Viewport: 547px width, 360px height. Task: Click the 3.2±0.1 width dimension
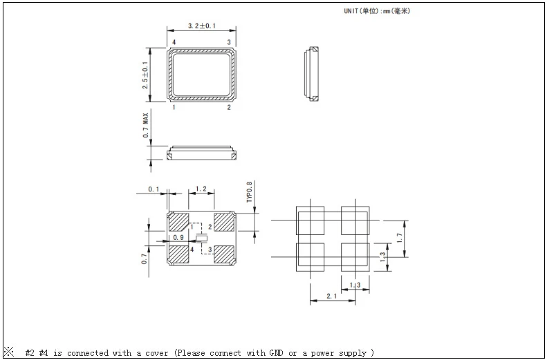click(202, 26)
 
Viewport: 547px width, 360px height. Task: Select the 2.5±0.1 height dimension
click(145, 75)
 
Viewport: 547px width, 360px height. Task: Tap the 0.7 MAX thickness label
click(145, 125)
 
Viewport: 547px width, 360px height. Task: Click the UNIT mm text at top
click(377, 11)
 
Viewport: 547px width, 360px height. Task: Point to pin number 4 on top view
click(174, 43)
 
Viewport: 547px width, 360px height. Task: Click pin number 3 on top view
click(229, 43)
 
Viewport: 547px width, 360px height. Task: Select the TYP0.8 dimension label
click(249, 192)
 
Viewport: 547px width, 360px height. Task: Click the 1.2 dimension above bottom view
click(201, 189)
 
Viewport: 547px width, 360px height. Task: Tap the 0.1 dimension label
click(154, 189)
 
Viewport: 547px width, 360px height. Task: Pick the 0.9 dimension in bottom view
click(178, 237)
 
